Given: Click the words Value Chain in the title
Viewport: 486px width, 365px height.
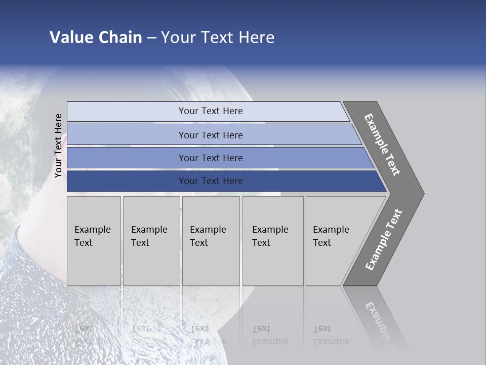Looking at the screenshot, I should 96,38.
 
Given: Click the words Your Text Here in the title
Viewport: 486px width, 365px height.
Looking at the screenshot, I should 218,38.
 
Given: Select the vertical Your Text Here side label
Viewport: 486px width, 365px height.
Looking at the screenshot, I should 58,145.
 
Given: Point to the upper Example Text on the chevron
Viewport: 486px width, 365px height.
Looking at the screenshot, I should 382,144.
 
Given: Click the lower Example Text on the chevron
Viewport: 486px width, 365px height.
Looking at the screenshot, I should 383,240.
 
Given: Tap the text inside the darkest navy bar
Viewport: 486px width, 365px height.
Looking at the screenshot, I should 211,181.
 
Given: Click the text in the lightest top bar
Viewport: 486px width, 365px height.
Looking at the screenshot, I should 211,111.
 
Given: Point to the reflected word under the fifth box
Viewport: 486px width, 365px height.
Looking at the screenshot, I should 331,341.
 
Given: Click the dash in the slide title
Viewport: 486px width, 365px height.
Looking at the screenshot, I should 151,38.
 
